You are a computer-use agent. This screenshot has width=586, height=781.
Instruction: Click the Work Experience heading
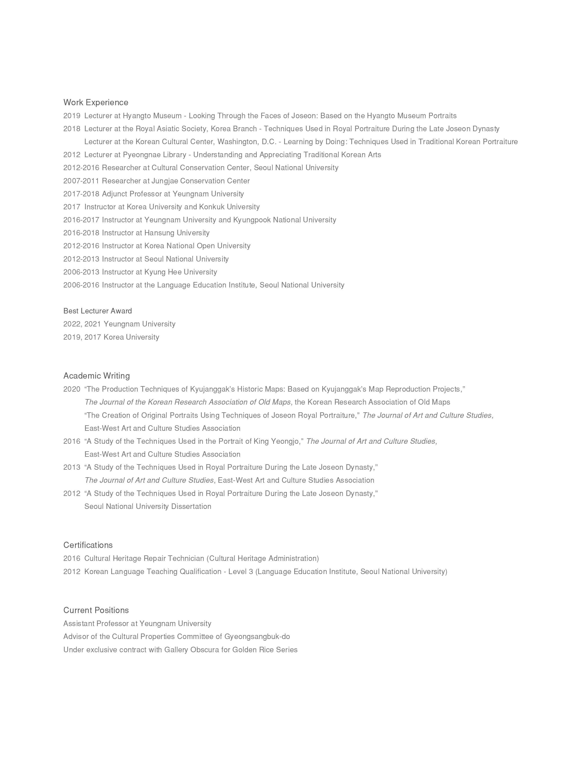(x=96, y=102)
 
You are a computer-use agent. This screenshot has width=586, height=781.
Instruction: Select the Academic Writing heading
(x=96, y=376)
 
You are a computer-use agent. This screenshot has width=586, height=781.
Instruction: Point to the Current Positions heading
(x=96, y=610)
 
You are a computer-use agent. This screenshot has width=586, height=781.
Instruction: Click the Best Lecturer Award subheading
(x=97, y=311)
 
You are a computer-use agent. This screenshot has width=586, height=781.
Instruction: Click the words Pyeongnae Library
(x=154, y=155)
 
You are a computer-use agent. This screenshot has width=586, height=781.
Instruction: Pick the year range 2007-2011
(x=81, y=181)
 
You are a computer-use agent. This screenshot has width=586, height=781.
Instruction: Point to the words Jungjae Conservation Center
(x=200, y=181)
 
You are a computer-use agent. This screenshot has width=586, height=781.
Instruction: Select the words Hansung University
(x=177, y=233)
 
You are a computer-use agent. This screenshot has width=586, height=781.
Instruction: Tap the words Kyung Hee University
(x=180, y=272)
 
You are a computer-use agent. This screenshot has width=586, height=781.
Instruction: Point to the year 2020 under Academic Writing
(x=72, y=389)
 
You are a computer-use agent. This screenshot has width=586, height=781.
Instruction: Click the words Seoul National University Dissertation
(x=148, y=506)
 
